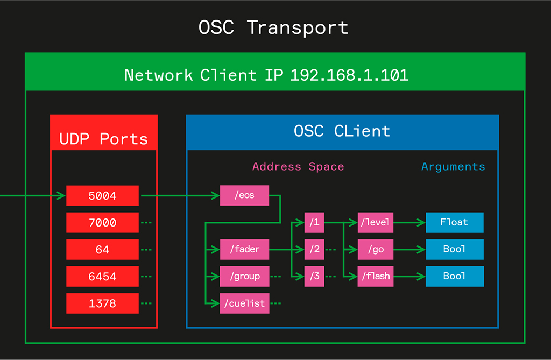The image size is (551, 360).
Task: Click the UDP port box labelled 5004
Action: pyautogui.click(x=102, y=196)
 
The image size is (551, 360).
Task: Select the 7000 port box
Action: pyautogui.click(x=102, y=223)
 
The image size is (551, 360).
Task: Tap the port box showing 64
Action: pyautogui.click(x=102, y=250)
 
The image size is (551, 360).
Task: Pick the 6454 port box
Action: pyautogui.click(x=102, y=277)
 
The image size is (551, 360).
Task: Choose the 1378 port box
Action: pyautogui.click(x=102, y=303)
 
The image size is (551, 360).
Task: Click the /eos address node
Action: pyautogui.click(x=244, y=196)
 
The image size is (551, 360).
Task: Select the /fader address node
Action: pyautogui.click(x=244, y=250)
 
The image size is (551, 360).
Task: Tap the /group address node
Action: pyautogui.click(x=244, y=277)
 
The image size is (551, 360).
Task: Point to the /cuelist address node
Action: pyautogui.click(x=244, y=303)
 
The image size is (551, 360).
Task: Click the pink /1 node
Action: pyautogui.click(x=314, y=222)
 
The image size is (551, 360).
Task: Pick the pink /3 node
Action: pyautogui.click(x=314, y=277)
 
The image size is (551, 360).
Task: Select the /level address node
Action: pyautogui.click(x=376, y=222)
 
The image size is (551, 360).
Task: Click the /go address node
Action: pyautogui.click(x=376, y=250)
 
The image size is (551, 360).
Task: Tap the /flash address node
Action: pyautogui.click(x=376, y=277)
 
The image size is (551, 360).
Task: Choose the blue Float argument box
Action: pyautogui.click(x=455, y=222)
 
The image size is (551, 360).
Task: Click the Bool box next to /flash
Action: pyautogui.click(x=455, y=277)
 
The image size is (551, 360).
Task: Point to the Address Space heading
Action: pyautogui.click(x=298, y=167)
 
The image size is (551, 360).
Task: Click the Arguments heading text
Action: pyautogui.click(x=453, y=167)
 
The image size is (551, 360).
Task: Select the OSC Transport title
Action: pyautogui.click(x=273, y=27)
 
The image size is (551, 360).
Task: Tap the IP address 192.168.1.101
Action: pyautogui.click(x=349, y=75)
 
